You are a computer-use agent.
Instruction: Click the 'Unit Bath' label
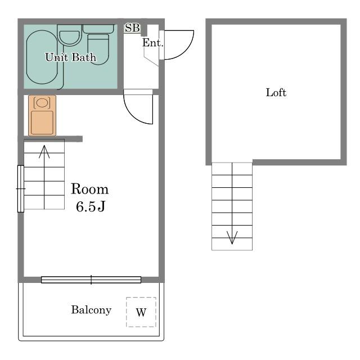[x=70, y=57]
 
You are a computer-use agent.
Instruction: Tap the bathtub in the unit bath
[x=42, y=57]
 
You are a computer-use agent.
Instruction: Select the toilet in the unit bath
[x=98, y=45]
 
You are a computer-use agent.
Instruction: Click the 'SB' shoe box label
[x=132, y=28]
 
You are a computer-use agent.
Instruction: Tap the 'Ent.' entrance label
[x=152, y=43]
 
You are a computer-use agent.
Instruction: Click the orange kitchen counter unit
[x=42, y=115]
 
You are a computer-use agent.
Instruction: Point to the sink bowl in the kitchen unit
[x=42, y=102]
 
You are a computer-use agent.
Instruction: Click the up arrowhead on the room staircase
[x=44, y=151]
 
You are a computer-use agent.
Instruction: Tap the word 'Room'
[x=89, y=189]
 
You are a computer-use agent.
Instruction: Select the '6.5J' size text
[x=91, y=206]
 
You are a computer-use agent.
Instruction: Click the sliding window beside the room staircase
[x=21, y=188]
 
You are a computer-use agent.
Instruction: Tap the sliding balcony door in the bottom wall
[x=91, y=280]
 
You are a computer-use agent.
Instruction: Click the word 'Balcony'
[x=91, y=310]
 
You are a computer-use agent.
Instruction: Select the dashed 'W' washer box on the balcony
[x=141, y=312]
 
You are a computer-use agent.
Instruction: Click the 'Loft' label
[x=276, y=92]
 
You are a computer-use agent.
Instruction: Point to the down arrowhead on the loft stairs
[x=232, y=237]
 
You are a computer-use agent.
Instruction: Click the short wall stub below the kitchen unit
[x=53, y=139]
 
